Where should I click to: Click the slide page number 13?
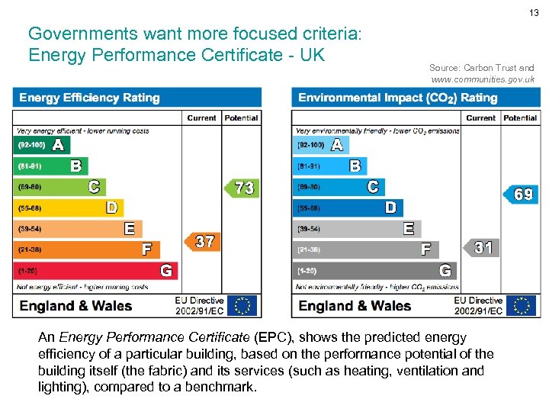pyautogui.click(x=535, y=13)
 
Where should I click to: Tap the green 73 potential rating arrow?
pyautogui.click(x=242, y=188)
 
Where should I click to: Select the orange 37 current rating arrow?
pyautogui.click(x=202, y=242)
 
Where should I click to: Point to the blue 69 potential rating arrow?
pyautogui.click(x=521, y=195)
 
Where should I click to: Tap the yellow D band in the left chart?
pyautogui.click(x=68, y=208)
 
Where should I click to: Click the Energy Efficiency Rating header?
pyautogui.click(x=89, y=98)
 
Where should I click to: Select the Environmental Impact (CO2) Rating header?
pyautogui.click(x=397, y=98)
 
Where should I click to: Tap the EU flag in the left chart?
pyautogui.click(x=243, y=306)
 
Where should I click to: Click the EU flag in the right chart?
pyautogui.click(x=522, y=306)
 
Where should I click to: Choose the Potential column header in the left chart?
pyautogui.click(x=242, y=117)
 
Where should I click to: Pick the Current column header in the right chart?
pyautogui.click(x=480, y=117)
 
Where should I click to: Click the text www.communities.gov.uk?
pyautogui.click(x=483, y=80)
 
